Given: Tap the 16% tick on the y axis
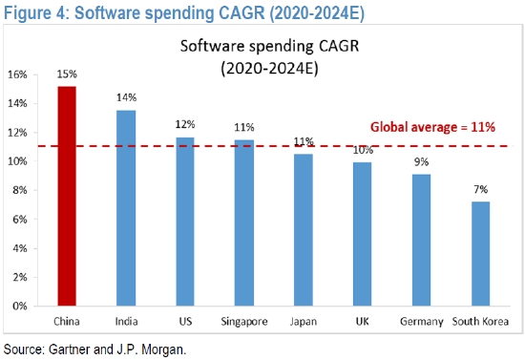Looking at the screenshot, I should tap(17, 74).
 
